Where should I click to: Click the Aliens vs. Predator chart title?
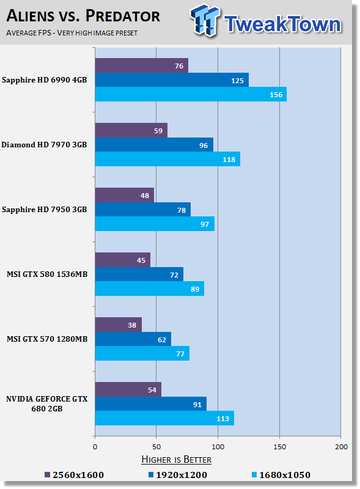click(83, 16)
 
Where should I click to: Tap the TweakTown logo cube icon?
click(205, 20)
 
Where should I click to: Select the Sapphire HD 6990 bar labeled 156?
click(191, 94)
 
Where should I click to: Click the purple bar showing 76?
click(141, 65)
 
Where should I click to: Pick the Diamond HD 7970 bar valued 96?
click(154, 145)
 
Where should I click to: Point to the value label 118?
click(229, 160)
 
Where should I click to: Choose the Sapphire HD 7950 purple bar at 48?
click(125, 195)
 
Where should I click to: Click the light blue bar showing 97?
click(155, 224)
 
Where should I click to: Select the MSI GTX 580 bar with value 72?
click(139, 274)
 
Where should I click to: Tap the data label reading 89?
click(195, 289)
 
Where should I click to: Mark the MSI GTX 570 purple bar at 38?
click(118, 325)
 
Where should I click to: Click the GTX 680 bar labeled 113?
click(164, 418)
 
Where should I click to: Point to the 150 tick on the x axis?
click(279, 447)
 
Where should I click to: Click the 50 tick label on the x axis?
click(156, 447)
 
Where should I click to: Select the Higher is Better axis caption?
click(176, 460)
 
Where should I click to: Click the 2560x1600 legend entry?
click(74, 475)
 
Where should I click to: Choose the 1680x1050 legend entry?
click(281, 475)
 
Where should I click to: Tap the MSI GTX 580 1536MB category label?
click(47, 274)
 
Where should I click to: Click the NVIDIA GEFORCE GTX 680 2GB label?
click(47, 403)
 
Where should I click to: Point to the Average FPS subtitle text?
click(72, 33)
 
